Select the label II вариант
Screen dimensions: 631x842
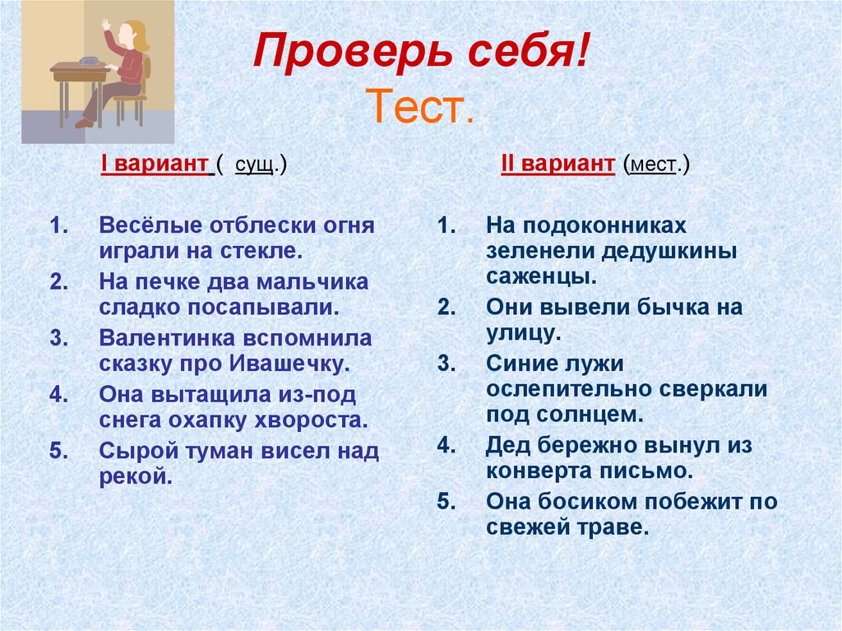click(557, 165)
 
